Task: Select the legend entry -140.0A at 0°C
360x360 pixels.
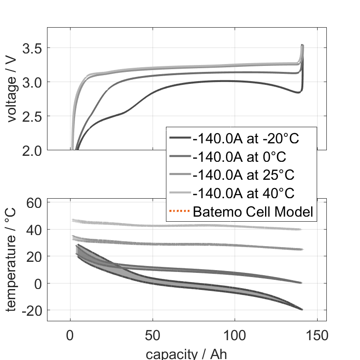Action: point(240,157)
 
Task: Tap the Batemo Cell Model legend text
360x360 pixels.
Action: point(253,212)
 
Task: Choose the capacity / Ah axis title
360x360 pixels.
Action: point(186,354)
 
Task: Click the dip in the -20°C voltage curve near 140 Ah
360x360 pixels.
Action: point(298,92)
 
